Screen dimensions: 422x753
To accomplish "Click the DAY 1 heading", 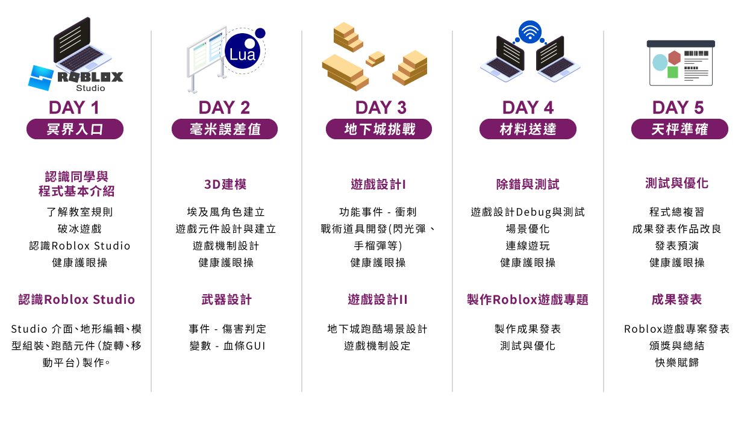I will point(73,108).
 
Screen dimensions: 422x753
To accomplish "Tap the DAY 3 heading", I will point(380,108).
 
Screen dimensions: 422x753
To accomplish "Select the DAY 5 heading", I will point(678,108).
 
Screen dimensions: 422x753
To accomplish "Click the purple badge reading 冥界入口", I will point(75,129).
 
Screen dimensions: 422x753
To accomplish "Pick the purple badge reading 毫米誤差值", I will point(225,129).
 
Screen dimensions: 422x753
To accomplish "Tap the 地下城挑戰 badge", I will point(379,129).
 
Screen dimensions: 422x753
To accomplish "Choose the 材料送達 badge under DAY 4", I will point(528,129).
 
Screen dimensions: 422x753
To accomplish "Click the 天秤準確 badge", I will point(680,129).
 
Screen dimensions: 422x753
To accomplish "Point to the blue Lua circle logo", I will point(243,52).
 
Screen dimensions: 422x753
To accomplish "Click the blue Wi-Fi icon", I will point(530,33).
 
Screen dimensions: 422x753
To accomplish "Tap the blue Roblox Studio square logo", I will point(41,77).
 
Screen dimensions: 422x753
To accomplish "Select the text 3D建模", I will point(225,184).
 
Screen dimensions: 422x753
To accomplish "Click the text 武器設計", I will point(227,300).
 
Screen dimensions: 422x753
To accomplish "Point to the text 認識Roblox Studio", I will point(77,300).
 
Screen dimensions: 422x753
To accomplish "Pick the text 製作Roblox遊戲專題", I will point(528,300).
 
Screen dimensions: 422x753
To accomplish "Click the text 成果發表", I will point(676,300).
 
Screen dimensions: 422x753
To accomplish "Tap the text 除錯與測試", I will point(528,184).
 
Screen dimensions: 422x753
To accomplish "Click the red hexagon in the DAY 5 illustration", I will point(674,58).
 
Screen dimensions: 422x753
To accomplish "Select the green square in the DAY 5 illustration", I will point(672,72).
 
